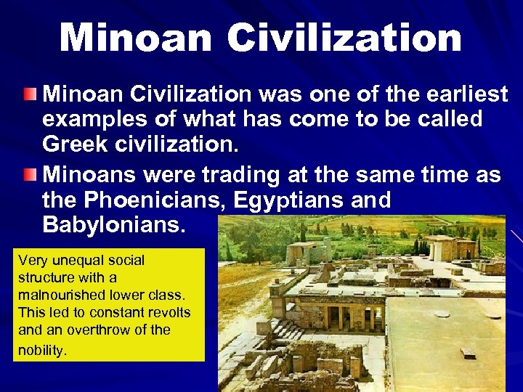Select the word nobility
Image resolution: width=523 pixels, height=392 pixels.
tap(43, 350)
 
